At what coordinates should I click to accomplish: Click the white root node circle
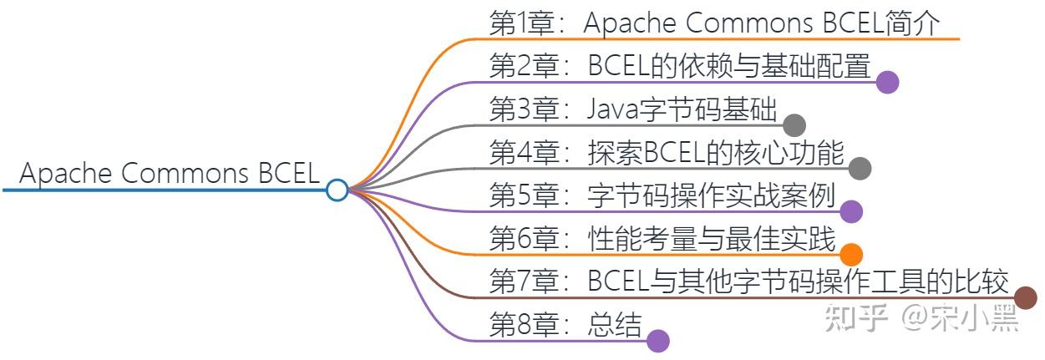[337, 190]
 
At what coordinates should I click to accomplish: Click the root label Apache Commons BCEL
[170, 175]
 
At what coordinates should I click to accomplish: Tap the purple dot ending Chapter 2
[887, 82]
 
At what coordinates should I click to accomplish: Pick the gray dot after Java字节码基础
[794, 125]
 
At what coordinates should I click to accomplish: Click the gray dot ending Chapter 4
[860, 169]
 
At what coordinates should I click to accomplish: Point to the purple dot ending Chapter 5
[850, 211]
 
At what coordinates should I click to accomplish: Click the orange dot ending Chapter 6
[850, 255]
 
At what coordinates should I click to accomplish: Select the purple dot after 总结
[658, 341]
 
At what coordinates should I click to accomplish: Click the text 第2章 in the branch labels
[522, 67]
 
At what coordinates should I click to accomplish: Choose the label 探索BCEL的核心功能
[717, 153]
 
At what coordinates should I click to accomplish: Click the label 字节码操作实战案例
[712, 196]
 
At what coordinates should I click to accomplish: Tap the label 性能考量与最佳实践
[712, 240]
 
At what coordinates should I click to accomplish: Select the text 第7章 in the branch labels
[522, 282]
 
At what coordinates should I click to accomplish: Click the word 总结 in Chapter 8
[615, 326]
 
